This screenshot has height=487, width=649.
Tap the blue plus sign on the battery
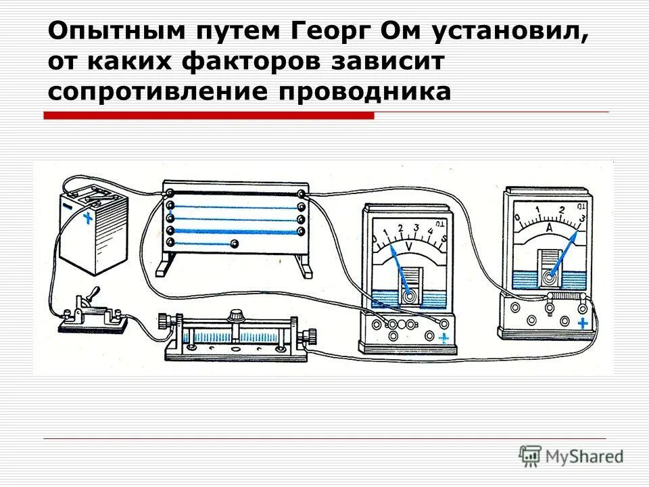click(x=87, y=218)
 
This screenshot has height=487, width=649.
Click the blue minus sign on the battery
click(x=68, y=201)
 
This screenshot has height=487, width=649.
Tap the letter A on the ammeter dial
click(x=550, y=231)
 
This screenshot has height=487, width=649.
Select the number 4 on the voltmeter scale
click(x=431, y=233)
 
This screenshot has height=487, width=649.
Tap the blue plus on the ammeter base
click(x=582, y=323)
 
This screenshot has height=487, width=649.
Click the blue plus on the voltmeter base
click(x=443, y=338)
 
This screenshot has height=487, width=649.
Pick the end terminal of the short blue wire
click(x=235, y=243)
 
